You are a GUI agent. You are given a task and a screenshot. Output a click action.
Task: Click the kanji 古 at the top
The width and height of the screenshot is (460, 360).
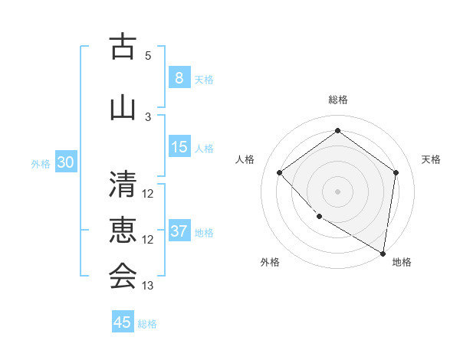122,47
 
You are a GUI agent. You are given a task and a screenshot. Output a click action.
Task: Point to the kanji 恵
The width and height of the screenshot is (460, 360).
122,231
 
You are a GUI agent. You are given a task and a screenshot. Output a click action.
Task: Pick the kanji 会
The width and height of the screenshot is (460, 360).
122,277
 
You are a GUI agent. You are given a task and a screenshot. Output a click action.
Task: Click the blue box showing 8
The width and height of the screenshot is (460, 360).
179,77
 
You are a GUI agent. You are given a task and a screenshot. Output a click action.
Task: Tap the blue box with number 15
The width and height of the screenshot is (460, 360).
179,147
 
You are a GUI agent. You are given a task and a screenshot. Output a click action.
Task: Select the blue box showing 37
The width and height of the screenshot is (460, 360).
179,231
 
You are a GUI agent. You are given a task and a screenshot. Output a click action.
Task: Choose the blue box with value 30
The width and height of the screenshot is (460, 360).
65,162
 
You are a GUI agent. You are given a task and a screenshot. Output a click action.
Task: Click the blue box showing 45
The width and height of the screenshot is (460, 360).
123,322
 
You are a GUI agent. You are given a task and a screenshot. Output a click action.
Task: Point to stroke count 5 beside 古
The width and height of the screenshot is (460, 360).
148,56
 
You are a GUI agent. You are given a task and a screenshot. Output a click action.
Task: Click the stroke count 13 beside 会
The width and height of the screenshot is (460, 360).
148,286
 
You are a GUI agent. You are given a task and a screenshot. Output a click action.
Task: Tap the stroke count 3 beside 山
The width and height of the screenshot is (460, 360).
148,117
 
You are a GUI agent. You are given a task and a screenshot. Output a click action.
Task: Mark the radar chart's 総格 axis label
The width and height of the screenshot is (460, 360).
337,100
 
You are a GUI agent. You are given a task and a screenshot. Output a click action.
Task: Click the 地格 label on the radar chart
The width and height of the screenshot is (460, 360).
402,262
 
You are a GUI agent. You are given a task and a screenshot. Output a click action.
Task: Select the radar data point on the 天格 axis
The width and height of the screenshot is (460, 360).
396,172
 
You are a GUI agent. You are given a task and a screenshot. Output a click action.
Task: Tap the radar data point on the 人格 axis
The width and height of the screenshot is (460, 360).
280,172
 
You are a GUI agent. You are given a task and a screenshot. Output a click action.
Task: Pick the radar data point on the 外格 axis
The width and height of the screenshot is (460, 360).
319,216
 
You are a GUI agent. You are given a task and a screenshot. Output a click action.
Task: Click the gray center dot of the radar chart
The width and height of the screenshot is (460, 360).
337,191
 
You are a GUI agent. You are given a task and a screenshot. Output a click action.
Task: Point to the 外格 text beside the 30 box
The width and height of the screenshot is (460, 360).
40,163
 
